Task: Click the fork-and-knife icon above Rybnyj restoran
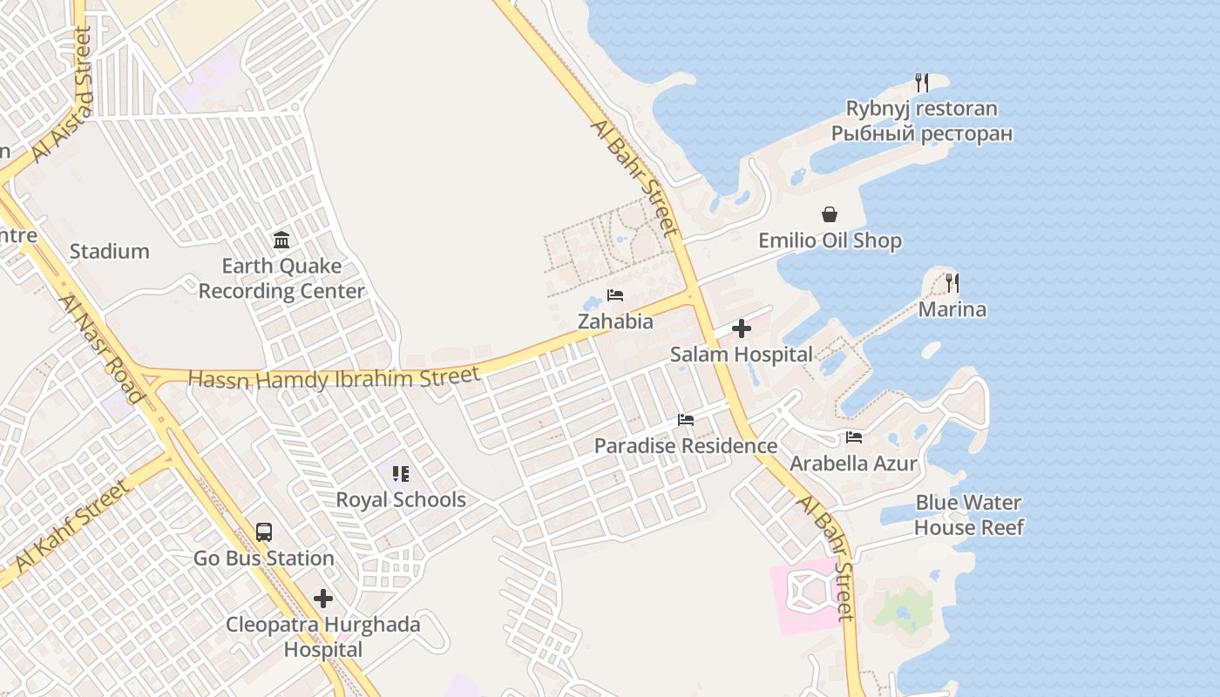click(x=922, y=83)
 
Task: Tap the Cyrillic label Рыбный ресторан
click(x=921, y=134)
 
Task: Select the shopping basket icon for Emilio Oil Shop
click(x=830, y=214)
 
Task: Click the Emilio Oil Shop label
click(x=830, y=240)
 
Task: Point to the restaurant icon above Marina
click(x=952, y=283)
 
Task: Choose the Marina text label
click(x=952, y=309)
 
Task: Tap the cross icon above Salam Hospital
click(x=742, y=328)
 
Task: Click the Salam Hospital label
click(x=742, y=355)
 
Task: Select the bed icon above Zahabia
click(x=615, y=295)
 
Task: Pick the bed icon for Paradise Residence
click(x=686, y=420)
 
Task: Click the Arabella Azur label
click(x=853, y=464)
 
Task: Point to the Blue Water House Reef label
click(x=968, y=515)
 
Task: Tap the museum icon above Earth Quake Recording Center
click(x=281, y=240)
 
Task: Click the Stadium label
click(x=110, y=252)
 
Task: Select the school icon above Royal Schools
click(x=401, y=474)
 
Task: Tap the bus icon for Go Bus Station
click(x=263, y=532)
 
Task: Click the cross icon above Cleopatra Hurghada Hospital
click(x=323, y=599)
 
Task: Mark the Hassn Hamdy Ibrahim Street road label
click(x=334, y=378)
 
